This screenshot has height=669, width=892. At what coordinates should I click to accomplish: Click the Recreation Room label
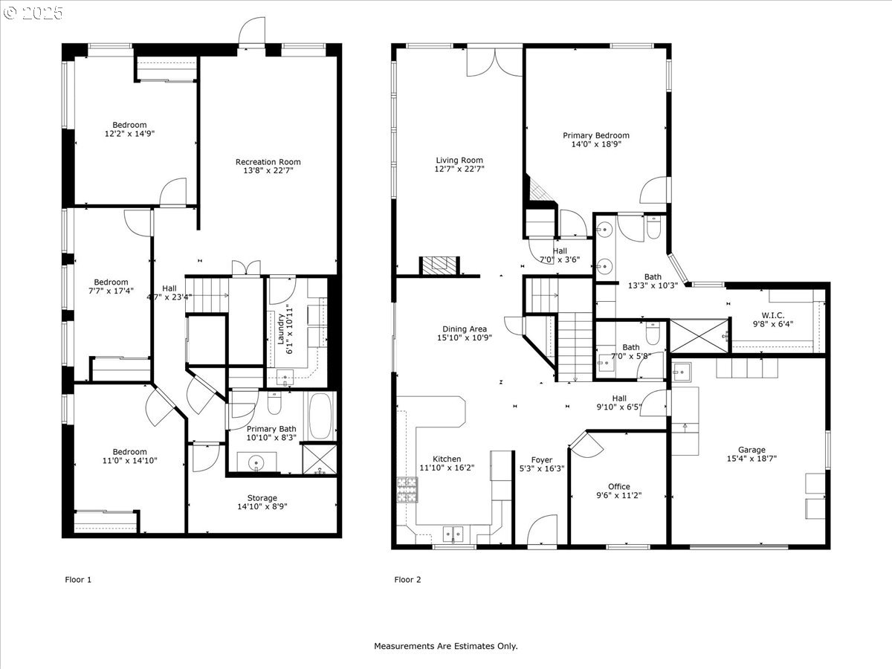point(268,161)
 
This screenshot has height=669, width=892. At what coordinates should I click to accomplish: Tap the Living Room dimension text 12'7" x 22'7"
point(459,169)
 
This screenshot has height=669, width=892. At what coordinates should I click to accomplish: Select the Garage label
point(752,450)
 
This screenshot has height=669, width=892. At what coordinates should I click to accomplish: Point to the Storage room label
point(262,498)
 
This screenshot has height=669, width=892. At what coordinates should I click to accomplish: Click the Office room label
point(619,487)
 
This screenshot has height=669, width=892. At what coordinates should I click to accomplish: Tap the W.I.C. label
point(772,315)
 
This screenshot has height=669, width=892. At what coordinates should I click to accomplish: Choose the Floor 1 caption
point(78,580)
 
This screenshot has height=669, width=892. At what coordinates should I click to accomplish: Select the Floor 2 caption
point(407,580)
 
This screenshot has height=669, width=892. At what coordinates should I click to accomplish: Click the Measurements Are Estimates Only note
point(446,646)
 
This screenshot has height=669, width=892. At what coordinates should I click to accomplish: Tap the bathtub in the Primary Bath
point(320,416)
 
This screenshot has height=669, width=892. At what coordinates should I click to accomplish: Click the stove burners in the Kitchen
point(407,490)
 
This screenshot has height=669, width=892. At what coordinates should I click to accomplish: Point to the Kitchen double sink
point(453,533)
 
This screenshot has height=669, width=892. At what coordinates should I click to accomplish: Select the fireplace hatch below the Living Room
point(439,265)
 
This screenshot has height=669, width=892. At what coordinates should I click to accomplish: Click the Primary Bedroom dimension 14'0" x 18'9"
point(596,144)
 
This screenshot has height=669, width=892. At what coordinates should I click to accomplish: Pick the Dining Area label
point(465,329)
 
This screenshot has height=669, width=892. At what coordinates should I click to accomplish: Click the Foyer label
point(542,460)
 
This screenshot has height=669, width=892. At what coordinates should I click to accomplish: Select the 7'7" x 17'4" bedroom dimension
point(111,291)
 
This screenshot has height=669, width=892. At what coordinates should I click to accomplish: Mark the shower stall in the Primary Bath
point(320,459)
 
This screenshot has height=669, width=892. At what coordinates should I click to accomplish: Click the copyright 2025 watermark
point(33,13)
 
